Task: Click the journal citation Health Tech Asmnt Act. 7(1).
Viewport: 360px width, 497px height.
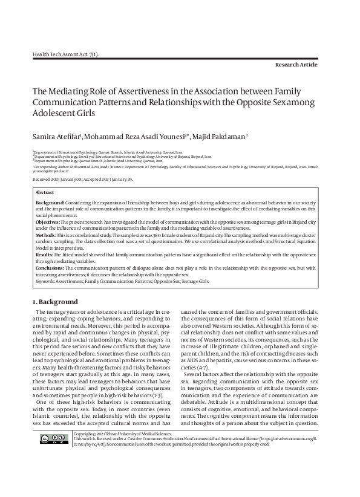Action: point(65,54)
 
